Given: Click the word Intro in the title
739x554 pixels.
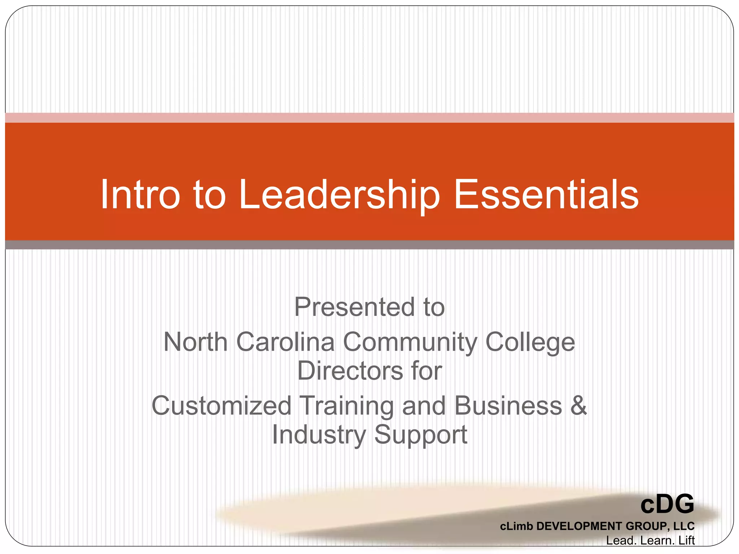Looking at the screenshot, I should [140, 194].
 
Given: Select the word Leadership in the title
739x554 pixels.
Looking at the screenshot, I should [339, 195].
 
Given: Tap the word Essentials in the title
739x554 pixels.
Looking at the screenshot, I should [546, 194].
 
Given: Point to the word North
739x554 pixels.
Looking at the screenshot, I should [195, 342].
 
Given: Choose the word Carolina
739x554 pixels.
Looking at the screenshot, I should [285, 342].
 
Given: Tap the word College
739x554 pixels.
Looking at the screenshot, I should [530, 342].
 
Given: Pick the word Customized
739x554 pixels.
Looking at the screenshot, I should [221, 406].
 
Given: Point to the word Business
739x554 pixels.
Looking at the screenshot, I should [508, 405].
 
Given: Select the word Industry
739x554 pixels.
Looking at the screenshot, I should [319, 435].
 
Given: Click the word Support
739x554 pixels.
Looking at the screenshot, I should [421, 435].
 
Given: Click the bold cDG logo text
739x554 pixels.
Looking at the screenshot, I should [667, 504].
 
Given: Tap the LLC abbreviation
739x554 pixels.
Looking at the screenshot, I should [684, 526].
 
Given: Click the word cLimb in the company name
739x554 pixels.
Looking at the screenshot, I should [516, 526].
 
